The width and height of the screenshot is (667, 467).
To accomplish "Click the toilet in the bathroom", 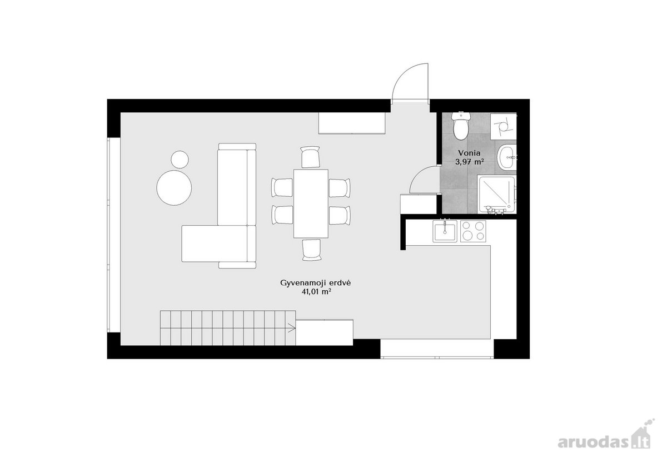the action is (x=461, y=126).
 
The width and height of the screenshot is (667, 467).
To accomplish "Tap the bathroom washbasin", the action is (x=506, y=157).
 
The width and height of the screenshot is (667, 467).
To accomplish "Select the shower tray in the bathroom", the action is (x=496, y=195).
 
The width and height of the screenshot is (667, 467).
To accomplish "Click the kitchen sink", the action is (x=445, y=231).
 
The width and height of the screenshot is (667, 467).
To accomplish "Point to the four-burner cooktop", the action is (x=473, y=231).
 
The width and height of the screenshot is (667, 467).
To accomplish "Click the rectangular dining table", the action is (x=311, y=203).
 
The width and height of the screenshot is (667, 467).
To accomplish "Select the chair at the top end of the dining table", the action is (x=310, y=157).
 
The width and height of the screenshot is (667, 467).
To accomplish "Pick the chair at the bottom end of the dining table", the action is (x=312, y=250).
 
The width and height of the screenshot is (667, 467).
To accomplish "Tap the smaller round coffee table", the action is (x=180, y=160).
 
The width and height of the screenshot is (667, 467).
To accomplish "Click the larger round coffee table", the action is (x=174, y=188).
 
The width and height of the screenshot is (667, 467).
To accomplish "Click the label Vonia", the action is (x=469, y=153).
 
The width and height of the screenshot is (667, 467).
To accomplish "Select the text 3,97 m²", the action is (x=469, y=162).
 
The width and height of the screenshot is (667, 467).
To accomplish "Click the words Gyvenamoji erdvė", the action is (x=316, y=283).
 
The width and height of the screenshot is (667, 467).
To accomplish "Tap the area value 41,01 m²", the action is (x=316, y=292).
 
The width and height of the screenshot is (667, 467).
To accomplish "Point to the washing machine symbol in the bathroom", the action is (x=504, y=126).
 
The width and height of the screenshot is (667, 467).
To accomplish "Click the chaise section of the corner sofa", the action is (x=215, y=244).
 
